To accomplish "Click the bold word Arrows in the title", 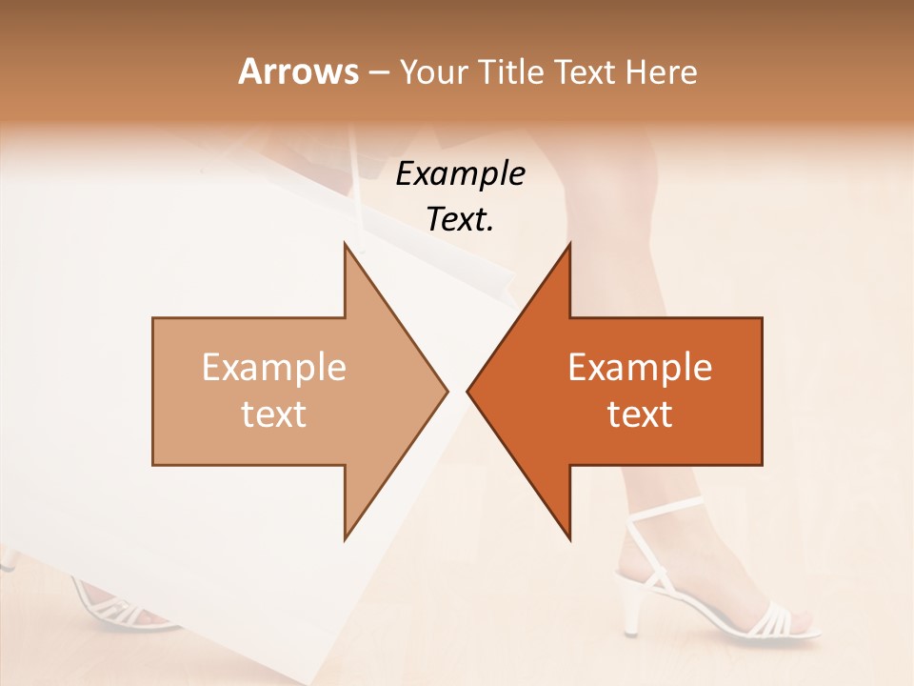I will point(298,71).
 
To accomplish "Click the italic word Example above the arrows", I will point(460,174).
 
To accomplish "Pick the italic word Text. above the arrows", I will point(460,219).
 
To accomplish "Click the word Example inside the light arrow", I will point(274,368).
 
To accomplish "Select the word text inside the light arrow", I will point(274,414).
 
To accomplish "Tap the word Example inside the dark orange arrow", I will point(640,368).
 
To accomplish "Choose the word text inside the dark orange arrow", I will point(640,414).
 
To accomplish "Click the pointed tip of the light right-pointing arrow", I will point(446,391).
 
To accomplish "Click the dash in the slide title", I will point(378,72).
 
